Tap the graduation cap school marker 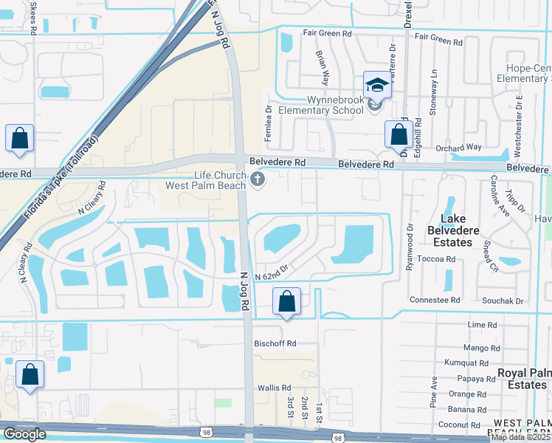[x=376, y=85]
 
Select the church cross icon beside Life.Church [x=258, y=178]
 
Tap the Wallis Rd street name [x=275, y=388]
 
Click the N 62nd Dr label [x=270, y=276]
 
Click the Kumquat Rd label [x=466, y=363]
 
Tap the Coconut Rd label [x=459, y=425]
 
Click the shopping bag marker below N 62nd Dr [x=286, y=301]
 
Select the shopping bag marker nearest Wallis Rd [x=30, y=374]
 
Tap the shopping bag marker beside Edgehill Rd [x=399, y=134]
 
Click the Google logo [x=24, y=434]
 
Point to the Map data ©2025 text [x=520, y=437]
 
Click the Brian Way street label [x=322, y=64]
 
